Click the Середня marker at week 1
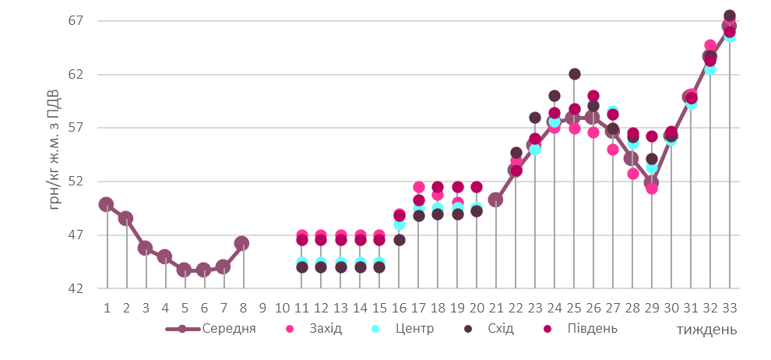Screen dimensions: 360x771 tap(106, 204)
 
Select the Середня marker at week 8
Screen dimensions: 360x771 tap(242, 244)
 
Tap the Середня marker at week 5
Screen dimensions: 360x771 tap(184, 270)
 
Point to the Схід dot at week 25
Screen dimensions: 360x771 tap(574, 74)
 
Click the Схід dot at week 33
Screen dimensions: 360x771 tap(730, 16)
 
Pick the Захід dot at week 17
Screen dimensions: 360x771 tap(418, 187)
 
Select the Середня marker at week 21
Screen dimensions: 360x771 tap(495, 199)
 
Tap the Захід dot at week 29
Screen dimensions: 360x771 tap(652, 188)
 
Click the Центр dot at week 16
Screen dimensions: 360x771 tap(399, 224)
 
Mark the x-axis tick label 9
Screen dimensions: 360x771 tap(262, 308)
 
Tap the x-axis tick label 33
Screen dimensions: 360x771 tap(730, 308)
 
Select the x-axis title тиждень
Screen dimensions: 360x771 tap(706, 330)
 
